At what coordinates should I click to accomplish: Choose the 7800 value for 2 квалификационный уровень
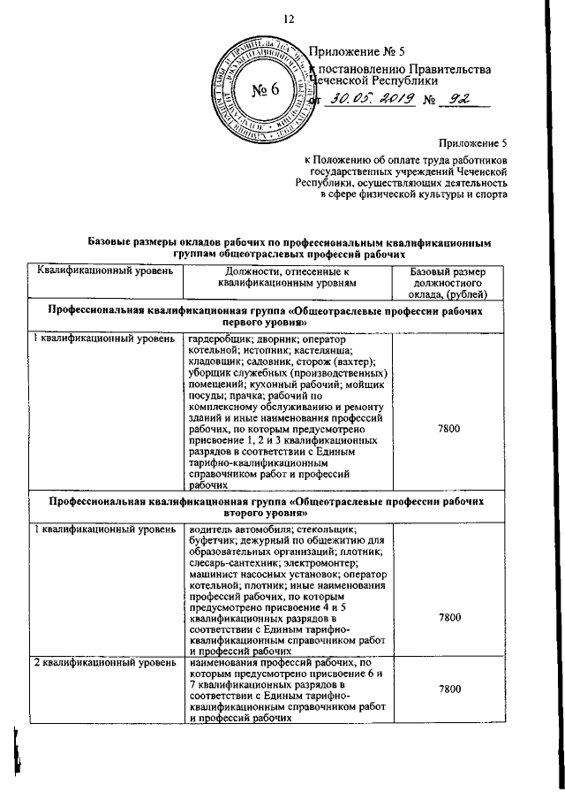448,690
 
